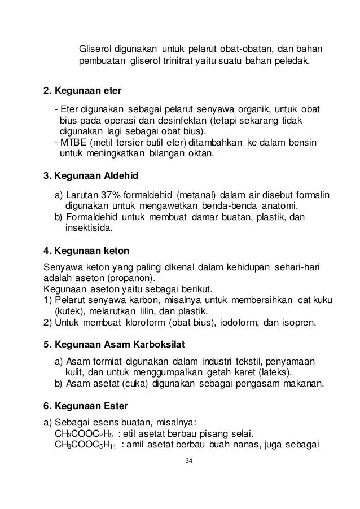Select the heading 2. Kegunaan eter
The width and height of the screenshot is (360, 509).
pos(82,91)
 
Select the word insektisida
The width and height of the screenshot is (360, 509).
pos(89,228)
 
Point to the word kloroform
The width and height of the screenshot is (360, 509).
pos(142,324)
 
